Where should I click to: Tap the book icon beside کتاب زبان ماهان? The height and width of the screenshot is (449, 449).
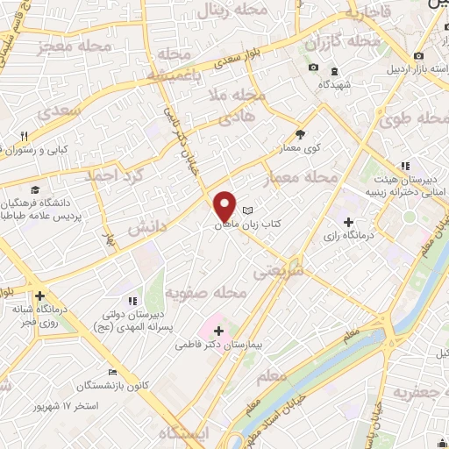pyautogui.click(x=248, y=210)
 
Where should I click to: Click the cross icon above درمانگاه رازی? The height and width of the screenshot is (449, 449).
pyautogui.click(x=350, y=221)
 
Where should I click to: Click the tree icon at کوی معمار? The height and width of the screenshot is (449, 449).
pyautogui.click(x=301, y=133)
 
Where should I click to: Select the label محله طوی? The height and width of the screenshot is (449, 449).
pyautogui.click(x=412, y=121)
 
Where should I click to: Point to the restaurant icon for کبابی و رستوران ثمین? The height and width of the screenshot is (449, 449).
pyautogui.click(x=25, y=135)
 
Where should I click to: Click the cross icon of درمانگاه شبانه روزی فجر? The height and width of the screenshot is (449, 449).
pyautogui.click(x=39, y=296)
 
